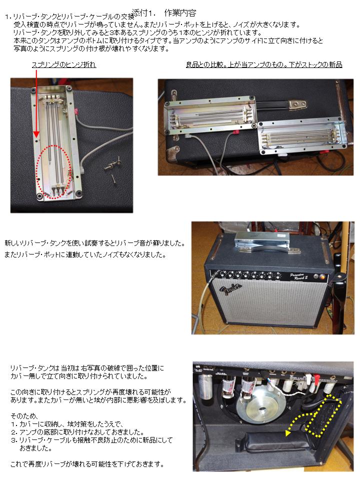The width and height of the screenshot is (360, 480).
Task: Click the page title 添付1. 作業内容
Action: (164, 13)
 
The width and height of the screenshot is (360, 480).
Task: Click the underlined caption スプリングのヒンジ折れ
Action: (64, 64)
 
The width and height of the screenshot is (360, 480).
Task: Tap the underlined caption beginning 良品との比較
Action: (264, 64)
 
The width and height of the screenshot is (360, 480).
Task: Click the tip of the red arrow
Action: (36, 136)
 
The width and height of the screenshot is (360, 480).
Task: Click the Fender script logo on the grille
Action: (230, 289)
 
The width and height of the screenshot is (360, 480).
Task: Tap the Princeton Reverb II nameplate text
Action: (299, 276)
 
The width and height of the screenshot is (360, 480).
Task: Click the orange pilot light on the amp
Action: (322, 277)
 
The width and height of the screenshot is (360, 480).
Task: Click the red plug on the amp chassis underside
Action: (316, 378)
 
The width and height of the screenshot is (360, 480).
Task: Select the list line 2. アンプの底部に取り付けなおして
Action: (77, 432)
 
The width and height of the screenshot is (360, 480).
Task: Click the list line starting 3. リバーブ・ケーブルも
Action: (92, 440)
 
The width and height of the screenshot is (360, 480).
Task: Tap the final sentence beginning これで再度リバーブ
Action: (87, 464)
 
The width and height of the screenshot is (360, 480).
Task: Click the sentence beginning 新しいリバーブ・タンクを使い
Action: (95, 243)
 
